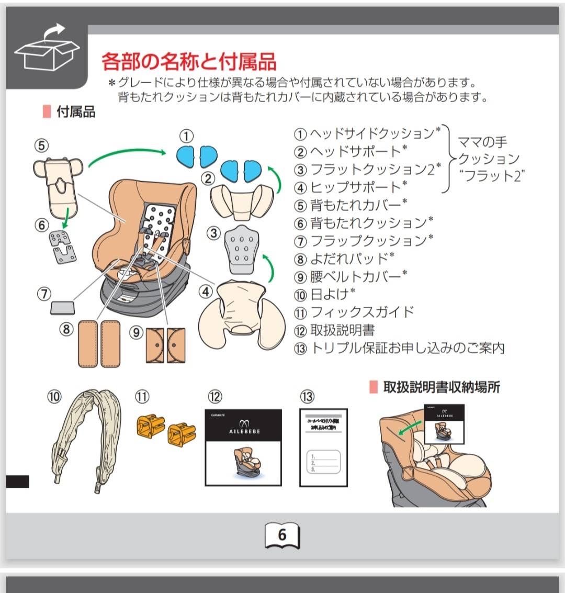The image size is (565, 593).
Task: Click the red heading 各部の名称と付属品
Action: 188,62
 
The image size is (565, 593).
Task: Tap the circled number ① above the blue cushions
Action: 186,136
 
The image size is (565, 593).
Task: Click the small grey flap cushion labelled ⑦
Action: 62,308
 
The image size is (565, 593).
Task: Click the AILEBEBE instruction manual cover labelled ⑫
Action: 243,447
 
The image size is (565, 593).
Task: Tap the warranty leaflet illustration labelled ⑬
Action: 323,447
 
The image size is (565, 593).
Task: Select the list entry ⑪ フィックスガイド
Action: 354,312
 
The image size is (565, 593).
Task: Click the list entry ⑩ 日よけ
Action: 325,294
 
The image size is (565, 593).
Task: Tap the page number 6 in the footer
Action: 282,534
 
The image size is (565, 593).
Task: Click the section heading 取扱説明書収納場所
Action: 441,387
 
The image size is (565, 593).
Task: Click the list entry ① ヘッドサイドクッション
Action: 367,133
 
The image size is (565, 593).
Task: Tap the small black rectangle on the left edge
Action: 17,481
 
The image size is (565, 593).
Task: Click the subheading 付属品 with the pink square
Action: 75,111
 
